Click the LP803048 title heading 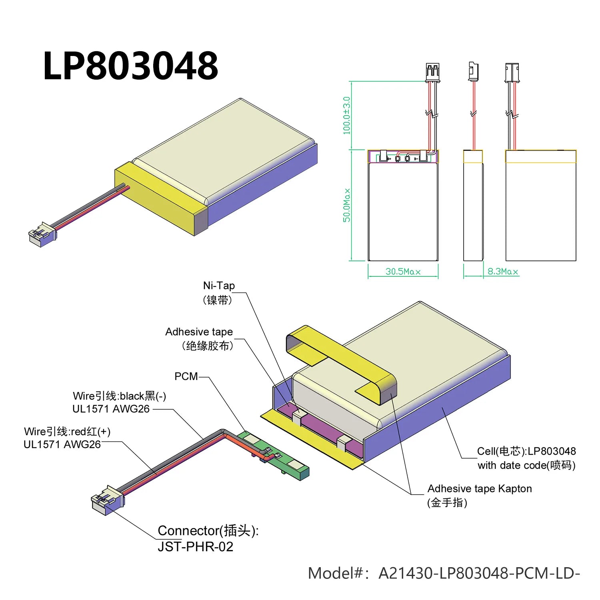(130, 66)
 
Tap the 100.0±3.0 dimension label (346, 116)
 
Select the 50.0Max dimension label (346, 205)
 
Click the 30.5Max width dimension (403, 272)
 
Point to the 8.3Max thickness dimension (502, 272)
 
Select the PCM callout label (186, 376)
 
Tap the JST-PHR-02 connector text (195, 546)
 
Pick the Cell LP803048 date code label (526, 458)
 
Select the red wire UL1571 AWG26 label (67, 438)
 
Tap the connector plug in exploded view (107, 500)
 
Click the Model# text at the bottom (444, 573)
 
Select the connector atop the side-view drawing (473, 71)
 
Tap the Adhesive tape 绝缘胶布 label (199, 338)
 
